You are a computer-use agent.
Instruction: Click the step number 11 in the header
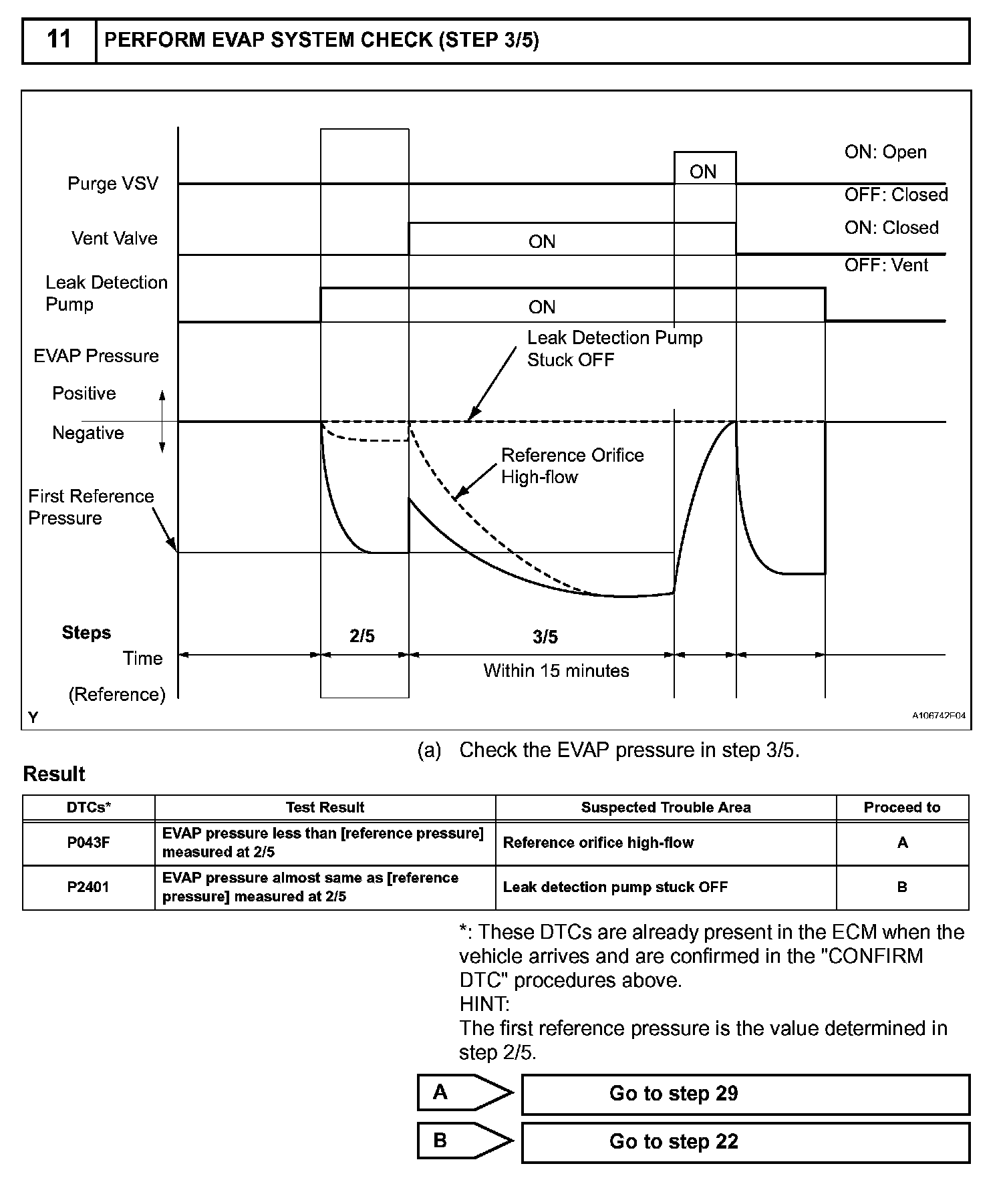[59, 40]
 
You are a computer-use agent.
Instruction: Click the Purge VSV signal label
[113, 184]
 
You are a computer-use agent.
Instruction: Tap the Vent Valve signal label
[114, 239]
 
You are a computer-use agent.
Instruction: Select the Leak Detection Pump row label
[106, 293]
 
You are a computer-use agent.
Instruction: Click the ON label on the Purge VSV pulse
[703, 172]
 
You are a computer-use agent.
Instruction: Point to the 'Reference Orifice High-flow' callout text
[572, 466]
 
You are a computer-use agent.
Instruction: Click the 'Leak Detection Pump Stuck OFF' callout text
[614, 349]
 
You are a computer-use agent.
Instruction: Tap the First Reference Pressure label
[90, 507]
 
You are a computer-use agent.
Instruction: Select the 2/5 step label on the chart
[362, 637]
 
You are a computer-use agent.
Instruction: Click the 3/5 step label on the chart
[545, 637]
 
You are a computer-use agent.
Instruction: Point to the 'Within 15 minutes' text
[556, 671]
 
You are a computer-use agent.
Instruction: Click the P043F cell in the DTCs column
[88, 843]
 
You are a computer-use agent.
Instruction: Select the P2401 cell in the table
[88, 887]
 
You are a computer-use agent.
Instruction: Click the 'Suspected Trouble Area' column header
[666, 807]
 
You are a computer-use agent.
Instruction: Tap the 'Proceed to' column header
[901, 807]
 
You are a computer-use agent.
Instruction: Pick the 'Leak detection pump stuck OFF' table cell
[615, 887]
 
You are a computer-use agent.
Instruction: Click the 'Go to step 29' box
[744, 1094]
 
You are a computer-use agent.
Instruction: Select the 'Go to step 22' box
[744, 1142]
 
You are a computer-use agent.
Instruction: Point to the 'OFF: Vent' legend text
[885, 265]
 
